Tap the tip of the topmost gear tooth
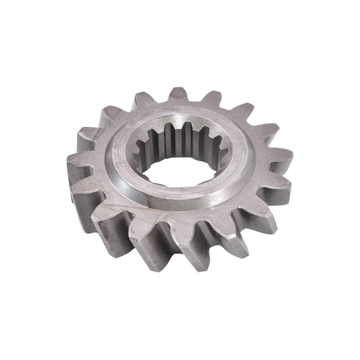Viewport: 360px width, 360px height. (x=179, y=93)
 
